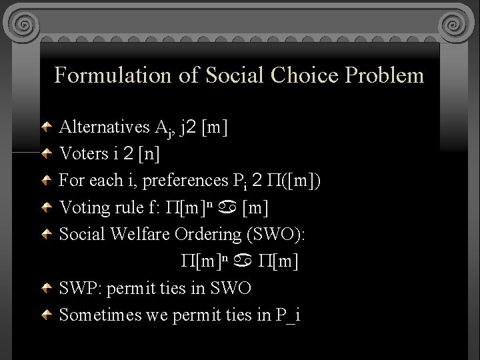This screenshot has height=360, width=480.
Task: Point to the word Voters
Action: [84, 154]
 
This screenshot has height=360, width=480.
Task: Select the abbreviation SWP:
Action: [81, 289]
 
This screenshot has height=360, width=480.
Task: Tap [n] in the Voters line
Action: [148, 154]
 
